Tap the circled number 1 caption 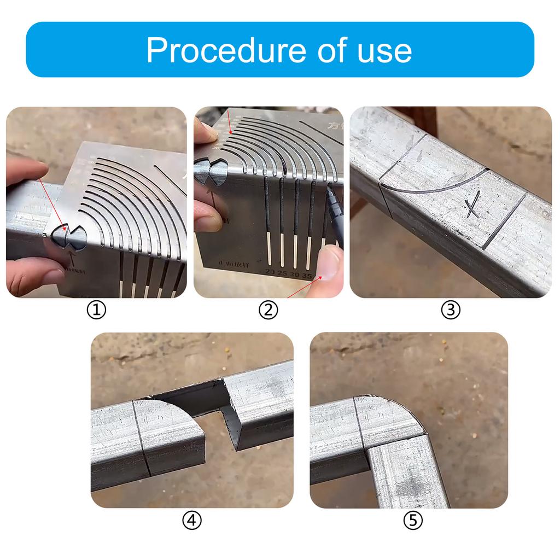[x=96, y=310]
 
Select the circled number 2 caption [x=268, y=310]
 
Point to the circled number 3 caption [x=451, y=310]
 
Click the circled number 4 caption [x=191, y=521]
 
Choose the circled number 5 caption [x=413, y=521]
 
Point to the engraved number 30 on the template [x=296, y=274]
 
